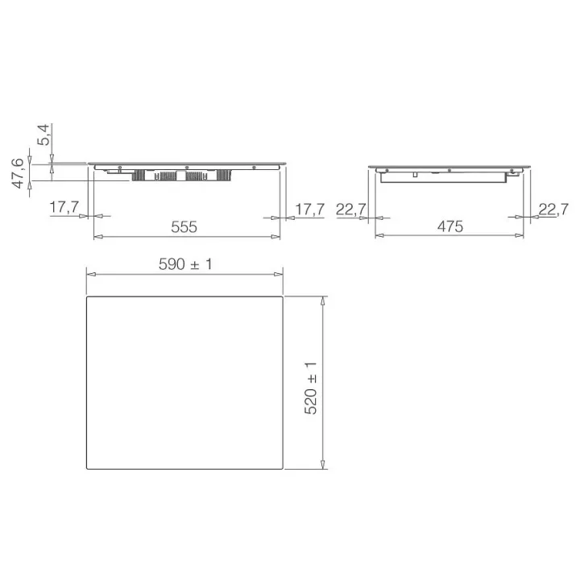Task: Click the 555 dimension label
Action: point(184,226)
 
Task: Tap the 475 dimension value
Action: point(450,226)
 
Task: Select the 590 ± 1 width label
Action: point(186,264)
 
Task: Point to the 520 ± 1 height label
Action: point(311,388)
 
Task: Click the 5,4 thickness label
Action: point(43,135)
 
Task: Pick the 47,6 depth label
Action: point(18,173)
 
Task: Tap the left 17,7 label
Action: point(64,207)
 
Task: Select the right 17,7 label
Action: point(309,209)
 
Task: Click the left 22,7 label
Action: point(351,209)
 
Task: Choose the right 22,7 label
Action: point(553,209)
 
